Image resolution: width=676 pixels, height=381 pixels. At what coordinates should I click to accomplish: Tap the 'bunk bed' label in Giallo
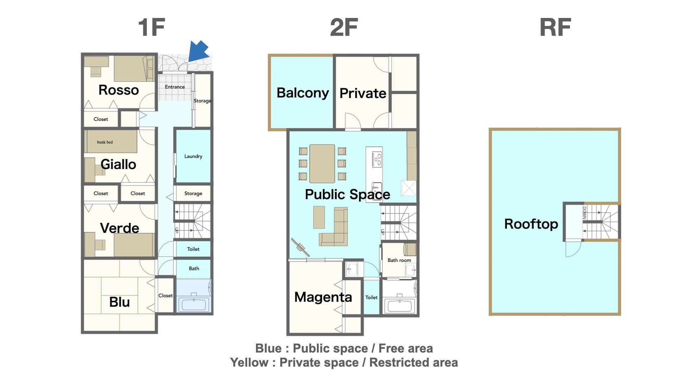coord(105,142)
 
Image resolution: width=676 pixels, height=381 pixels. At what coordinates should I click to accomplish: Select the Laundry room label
coord(193,156)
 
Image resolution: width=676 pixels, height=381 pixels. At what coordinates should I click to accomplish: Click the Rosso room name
coord(119,90)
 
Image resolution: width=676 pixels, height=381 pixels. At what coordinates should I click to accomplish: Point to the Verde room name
coord(119,228)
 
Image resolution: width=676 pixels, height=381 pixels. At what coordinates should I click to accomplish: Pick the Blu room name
coord(119,302)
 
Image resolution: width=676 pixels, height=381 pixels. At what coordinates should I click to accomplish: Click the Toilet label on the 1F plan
coord(193,249)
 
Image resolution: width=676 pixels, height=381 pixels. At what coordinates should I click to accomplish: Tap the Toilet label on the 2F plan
coord(371,297)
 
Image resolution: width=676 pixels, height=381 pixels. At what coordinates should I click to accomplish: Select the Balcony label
coord(303,93)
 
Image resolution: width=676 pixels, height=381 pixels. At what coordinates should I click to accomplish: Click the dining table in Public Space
coord(322,164)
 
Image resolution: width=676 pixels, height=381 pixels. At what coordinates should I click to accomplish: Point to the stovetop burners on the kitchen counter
coord(377,159)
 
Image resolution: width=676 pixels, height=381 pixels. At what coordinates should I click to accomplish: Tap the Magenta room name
coord(323,297)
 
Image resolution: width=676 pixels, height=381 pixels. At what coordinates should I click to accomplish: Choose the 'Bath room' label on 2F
coord(399,260)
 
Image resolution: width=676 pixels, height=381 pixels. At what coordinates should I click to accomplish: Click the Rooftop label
coord(531,224)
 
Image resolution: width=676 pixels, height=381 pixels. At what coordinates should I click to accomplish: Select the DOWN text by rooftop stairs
coord(584,213)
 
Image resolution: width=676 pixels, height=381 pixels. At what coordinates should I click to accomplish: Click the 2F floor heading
coord(344,27)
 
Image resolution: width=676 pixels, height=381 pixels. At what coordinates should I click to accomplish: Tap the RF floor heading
coord(555,27)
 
